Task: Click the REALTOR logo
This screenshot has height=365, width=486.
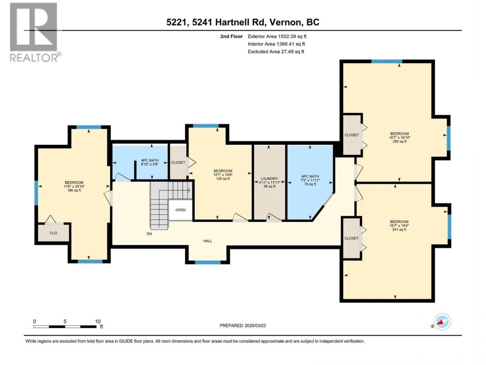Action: (36, 32)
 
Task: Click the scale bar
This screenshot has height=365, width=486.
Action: (65, 327)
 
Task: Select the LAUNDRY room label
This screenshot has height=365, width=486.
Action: (269, 178)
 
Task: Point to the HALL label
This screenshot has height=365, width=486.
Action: (207, 241)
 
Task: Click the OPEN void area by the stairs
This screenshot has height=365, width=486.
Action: (181, 210)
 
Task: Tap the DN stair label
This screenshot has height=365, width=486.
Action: (149, 234)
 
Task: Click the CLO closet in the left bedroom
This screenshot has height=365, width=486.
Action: (54, 233)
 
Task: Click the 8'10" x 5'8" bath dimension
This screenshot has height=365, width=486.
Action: (149, 164)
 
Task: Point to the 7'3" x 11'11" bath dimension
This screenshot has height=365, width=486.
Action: (310, 180)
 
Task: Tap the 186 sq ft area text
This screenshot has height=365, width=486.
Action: (74, 191)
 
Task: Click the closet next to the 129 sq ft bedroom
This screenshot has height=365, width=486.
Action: (178, 162)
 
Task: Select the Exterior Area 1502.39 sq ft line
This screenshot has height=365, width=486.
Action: (277, 36)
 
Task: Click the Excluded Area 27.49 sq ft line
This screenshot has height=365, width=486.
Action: (276, 52)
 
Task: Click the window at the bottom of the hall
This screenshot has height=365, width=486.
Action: (208, 263)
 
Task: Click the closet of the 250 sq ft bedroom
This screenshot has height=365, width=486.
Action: (352, 135)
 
